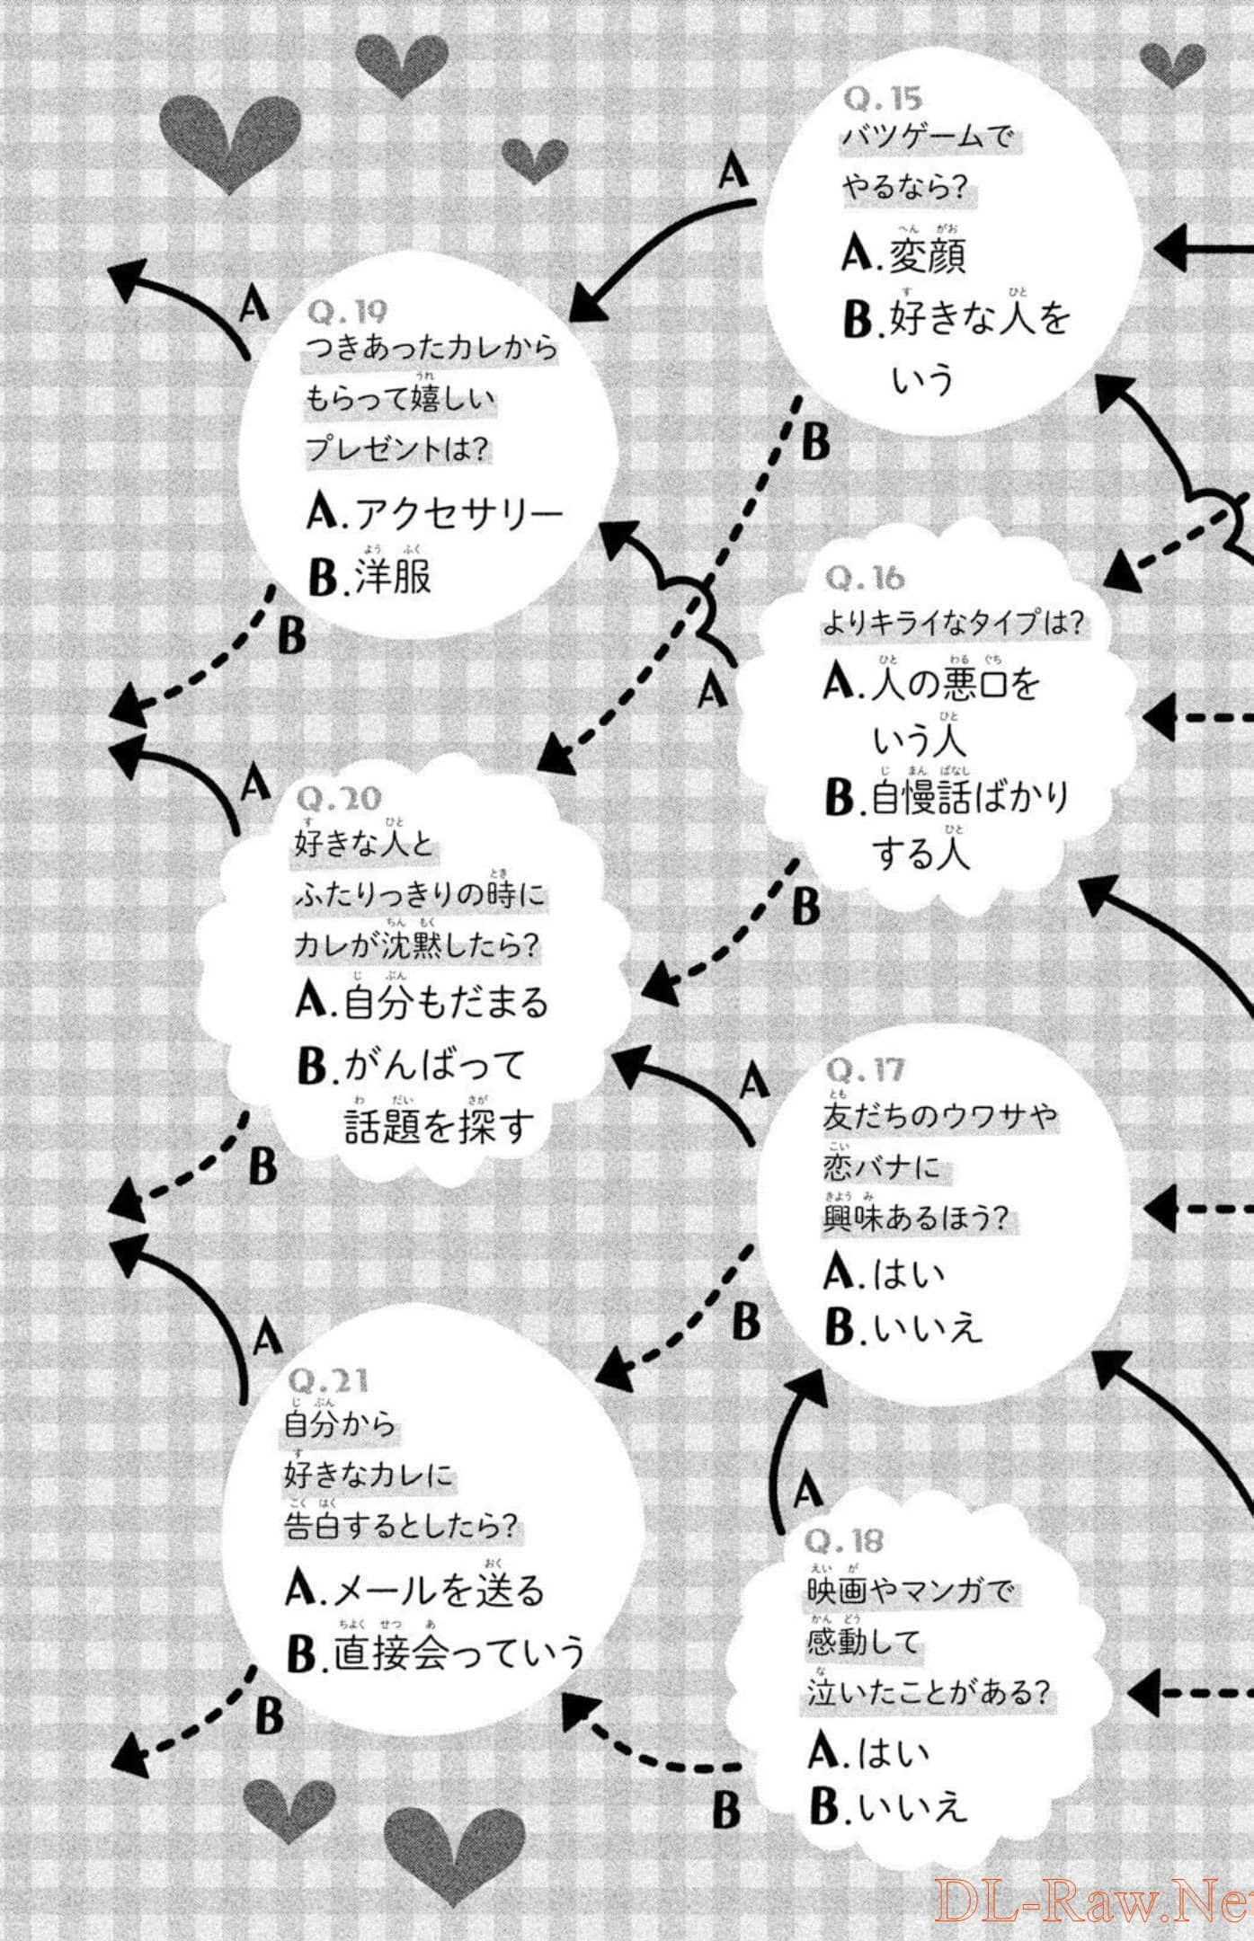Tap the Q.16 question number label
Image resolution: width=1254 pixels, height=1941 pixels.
864,579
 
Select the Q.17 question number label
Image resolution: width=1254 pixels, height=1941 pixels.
864,1070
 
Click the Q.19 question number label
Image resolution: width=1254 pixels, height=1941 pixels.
347,312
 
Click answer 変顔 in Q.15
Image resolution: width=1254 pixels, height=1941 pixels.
926,255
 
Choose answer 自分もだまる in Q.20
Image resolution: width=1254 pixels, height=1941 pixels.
445,1002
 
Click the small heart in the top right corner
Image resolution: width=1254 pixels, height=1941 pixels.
1172,63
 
